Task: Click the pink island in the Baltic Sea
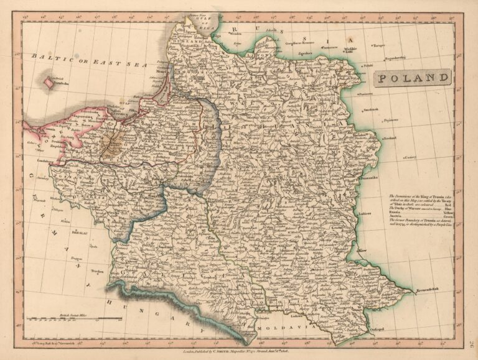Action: pos(48,81)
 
